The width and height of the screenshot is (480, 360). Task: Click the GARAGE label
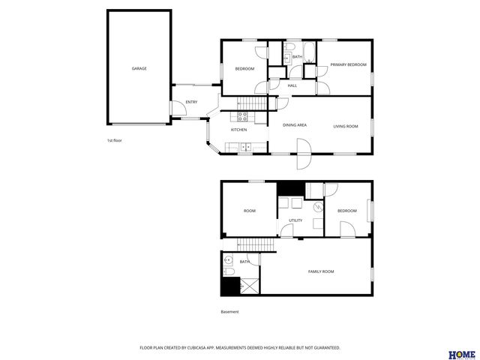pos(139,68)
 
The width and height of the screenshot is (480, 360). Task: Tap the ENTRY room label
pos(191,102)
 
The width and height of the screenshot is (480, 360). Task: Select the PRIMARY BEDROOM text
pos(349,65)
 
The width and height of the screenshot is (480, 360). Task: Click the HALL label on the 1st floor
pos(292,85)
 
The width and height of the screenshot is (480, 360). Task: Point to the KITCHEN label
pos(238,130)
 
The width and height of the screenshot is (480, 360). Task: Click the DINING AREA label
pos(294,126)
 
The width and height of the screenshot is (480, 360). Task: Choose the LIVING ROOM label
pos(346,126)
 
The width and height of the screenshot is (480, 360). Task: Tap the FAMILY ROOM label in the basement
pos(321,271)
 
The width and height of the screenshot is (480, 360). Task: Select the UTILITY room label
pos(295,220)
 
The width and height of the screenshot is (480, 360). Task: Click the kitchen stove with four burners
pos(243,115)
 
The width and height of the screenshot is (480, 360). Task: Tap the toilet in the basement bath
pos(229,271)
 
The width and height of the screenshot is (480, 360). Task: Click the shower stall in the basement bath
pos(248,286)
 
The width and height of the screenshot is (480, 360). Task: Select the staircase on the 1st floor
pos(252,103)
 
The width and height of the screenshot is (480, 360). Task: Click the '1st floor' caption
pos(114,140)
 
